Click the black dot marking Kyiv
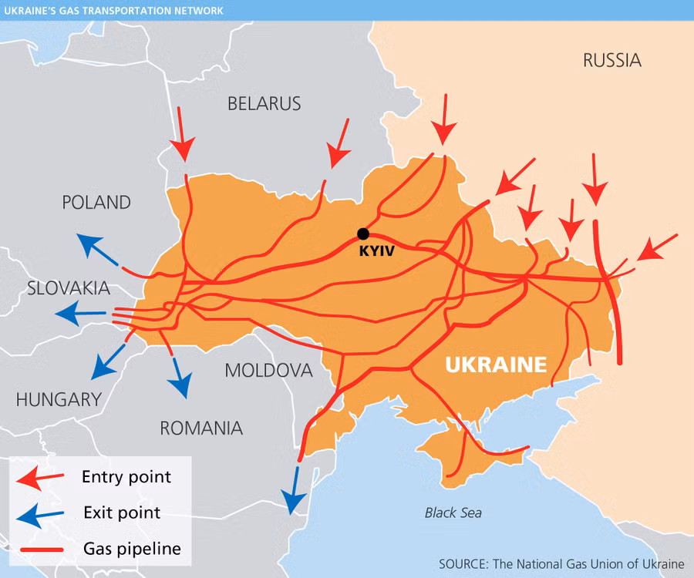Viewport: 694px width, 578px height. coord(363,234)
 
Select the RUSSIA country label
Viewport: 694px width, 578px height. coord(611,60)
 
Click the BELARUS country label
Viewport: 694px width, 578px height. coord(264,103)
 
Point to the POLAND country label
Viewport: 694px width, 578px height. coord(96,203)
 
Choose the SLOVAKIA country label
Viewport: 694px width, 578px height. coord(68,288)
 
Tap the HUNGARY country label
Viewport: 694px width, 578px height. coord(59,399)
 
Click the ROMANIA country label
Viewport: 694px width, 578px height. coord(200,428)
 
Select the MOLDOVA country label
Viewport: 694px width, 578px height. coord(268,371)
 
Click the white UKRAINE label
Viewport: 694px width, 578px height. coord(496,365)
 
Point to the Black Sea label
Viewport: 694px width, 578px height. coord(453,512)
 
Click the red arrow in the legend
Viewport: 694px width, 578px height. coord(42,479)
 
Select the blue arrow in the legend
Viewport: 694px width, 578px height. coord(42,514)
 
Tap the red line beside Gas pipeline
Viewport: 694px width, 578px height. coord(42,549)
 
